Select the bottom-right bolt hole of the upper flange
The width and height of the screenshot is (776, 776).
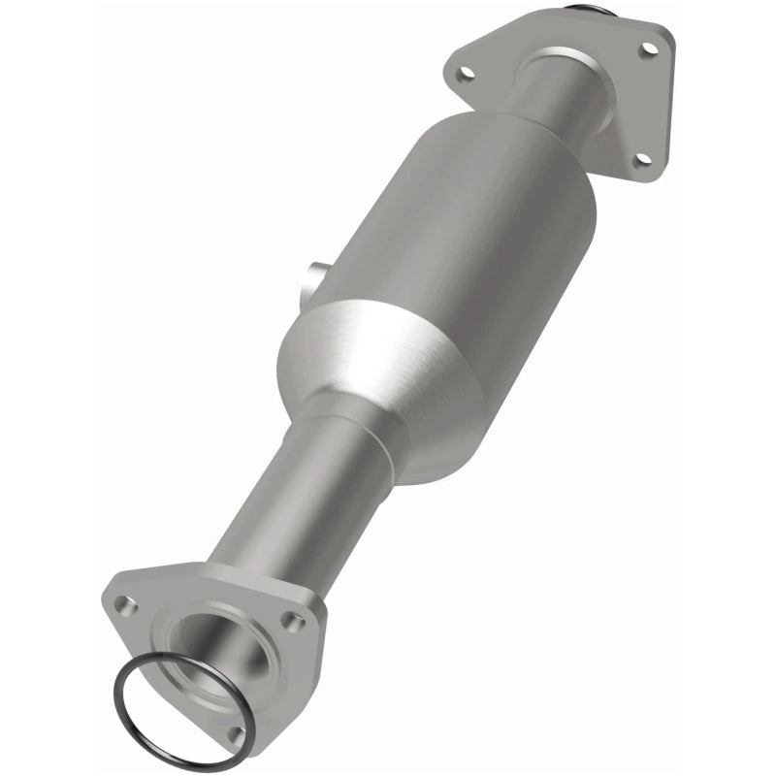pos(641,160)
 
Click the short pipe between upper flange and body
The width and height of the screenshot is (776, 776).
pos(558,92)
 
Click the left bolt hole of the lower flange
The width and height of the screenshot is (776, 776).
pos(123,604)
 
